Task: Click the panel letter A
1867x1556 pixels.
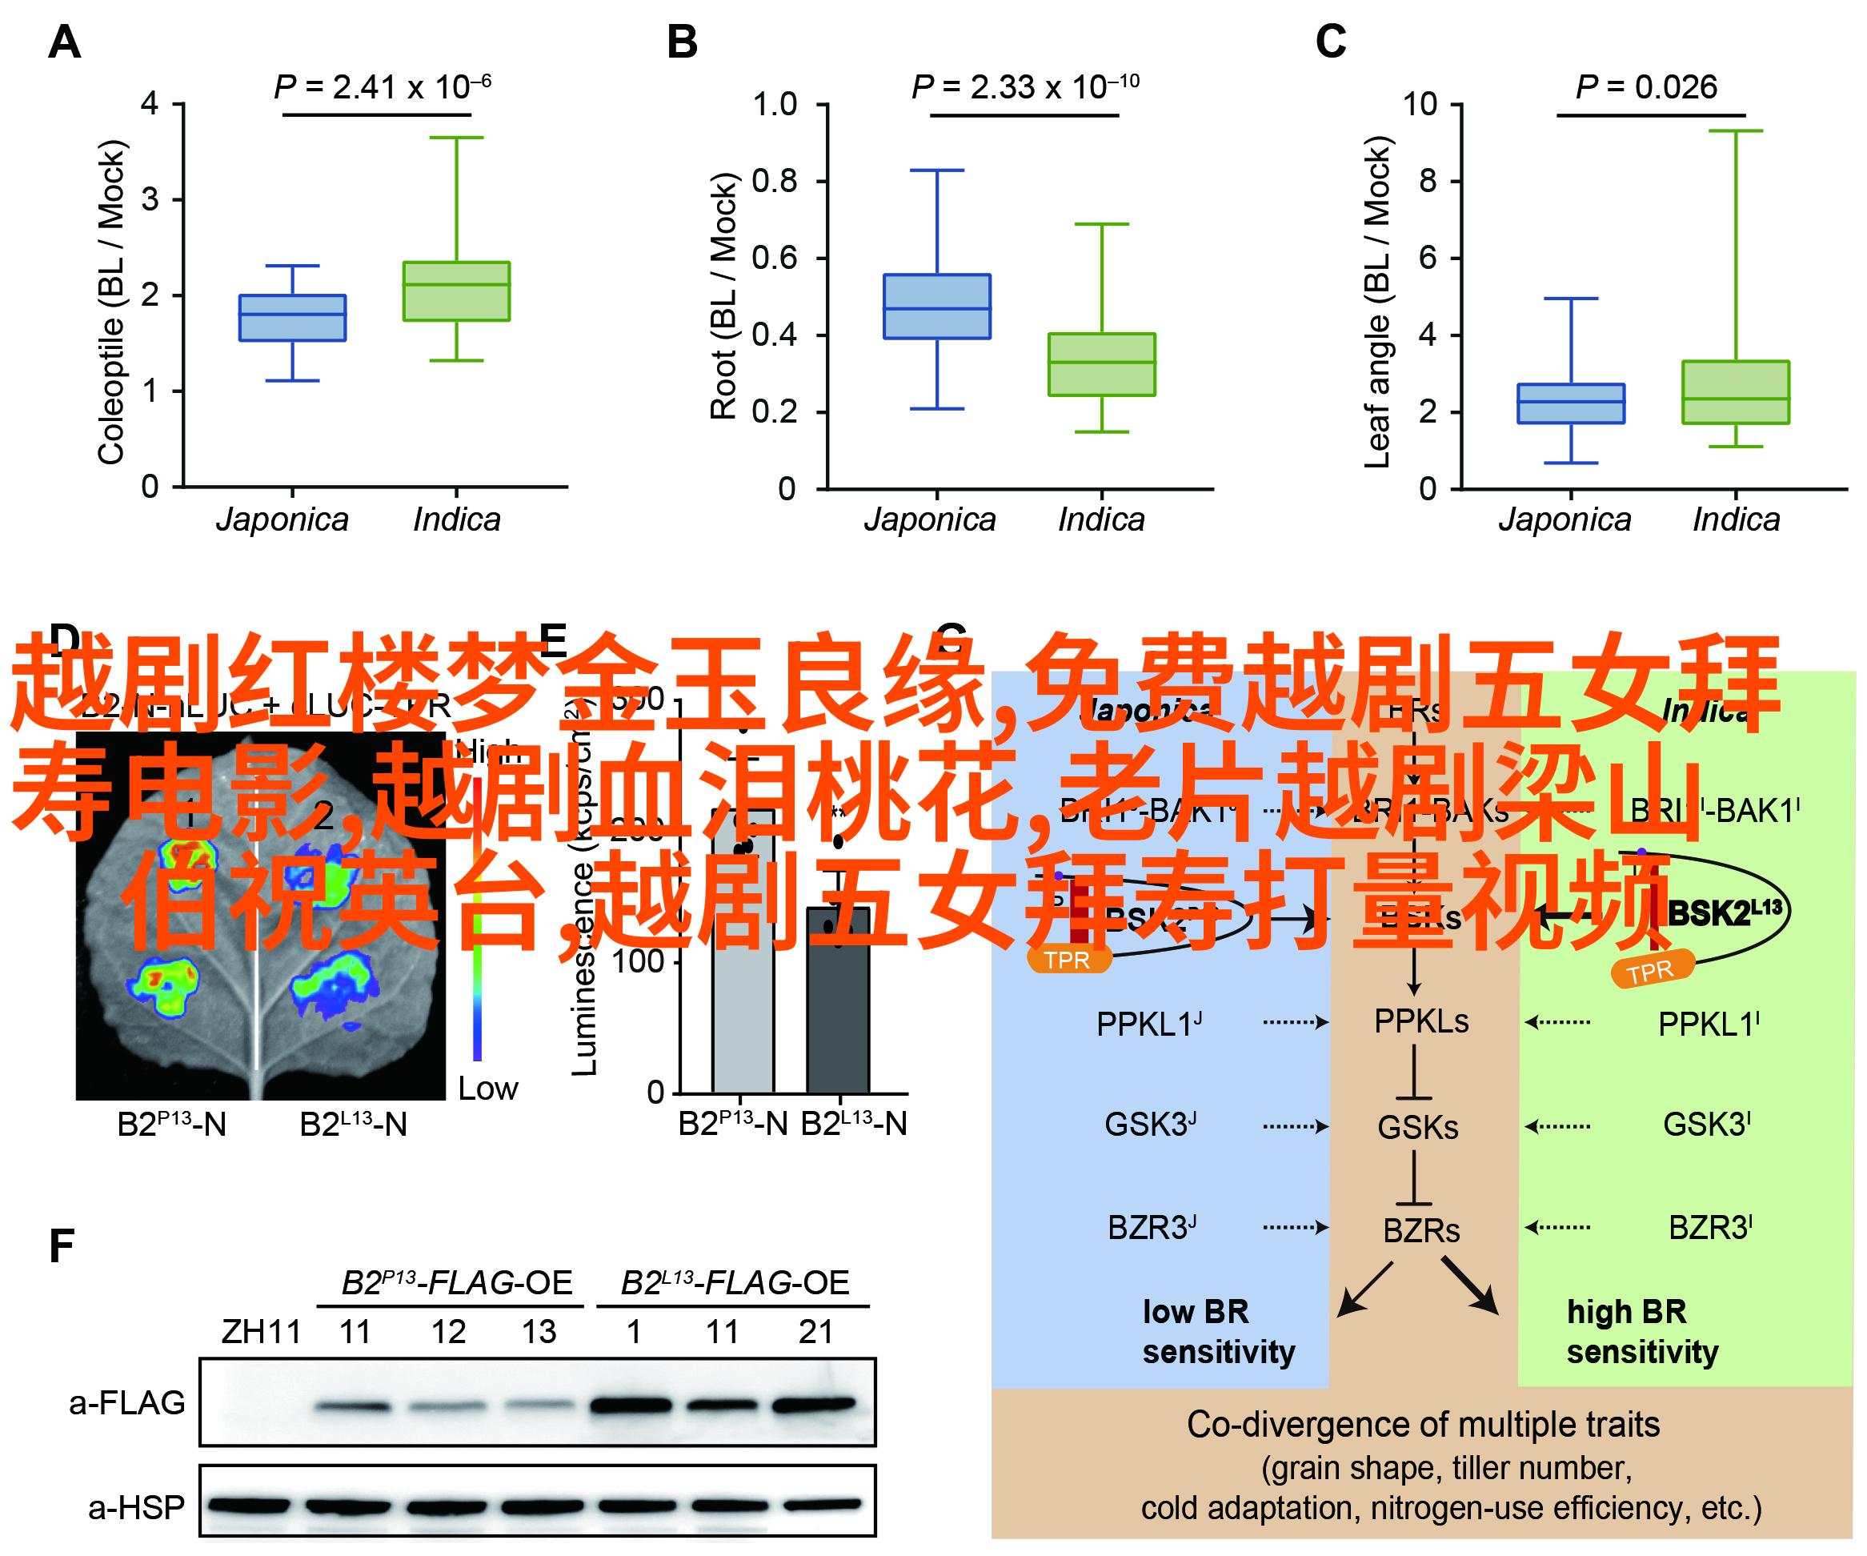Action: pyautogui.click(x=64, y=42)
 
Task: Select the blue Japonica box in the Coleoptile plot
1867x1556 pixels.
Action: pyautogui.click(x=293, y=318)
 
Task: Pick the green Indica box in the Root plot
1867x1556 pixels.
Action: pyautogui.click(x=1101, y=364)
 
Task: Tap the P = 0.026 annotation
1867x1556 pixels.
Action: pyautogui.click(x=1646, y=87)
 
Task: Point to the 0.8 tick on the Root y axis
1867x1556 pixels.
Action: pyautogui.click(x=775, y=182)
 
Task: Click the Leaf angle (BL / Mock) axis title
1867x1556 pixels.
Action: pyautogui.click(x=1376, y=303)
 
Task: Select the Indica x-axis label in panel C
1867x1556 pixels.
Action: pyautogui.click(x=1736, y=519)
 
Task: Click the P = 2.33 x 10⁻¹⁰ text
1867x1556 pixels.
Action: pyautogui.click(x=1025, y=87)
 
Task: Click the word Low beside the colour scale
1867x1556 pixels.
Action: pyautogui.click(x=487, y=1089)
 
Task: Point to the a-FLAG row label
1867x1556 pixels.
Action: pyautogui.click(x=127, y=1403)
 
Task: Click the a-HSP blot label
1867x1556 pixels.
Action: pyautogui.click(x=136, y=1507)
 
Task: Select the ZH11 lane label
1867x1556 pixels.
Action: pyautogui.click(x=261, y=1332)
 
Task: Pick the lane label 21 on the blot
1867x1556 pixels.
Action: pyautogui.click(x=815, y=1332)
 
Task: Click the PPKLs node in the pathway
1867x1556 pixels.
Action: pyautogui.click(x=1420, y=1021)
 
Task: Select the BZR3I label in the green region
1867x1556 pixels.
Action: pyautogui.click(x=1709, y=1228)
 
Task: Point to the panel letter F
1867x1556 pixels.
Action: pyautogui.click(x=61, y=1246)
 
